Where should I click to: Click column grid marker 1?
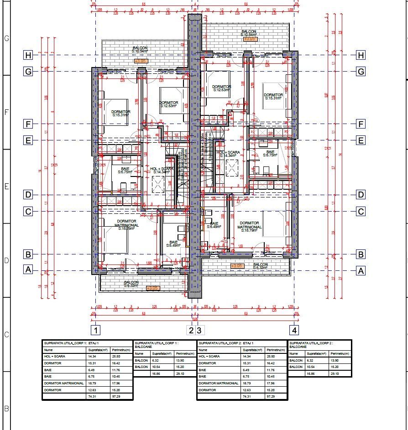point(96,330)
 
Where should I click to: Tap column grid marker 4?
point(296,330)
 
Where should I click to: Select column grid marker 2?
point(192,330)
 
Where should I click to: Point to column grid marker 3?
point(199,330)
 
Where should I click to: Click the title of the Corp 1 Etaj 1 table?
point(71,342)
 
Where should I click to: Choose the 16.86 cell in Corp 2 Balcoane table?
point(312,373)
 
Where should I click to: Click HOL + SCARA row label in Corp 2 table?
point(209,356)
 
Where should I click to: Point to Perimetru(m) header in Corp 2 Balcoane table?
point(340,353)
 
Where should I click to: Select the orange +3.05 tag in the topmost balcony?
point(249,39)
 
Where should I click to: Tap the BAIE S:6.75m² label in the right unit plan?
point(270,153)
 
